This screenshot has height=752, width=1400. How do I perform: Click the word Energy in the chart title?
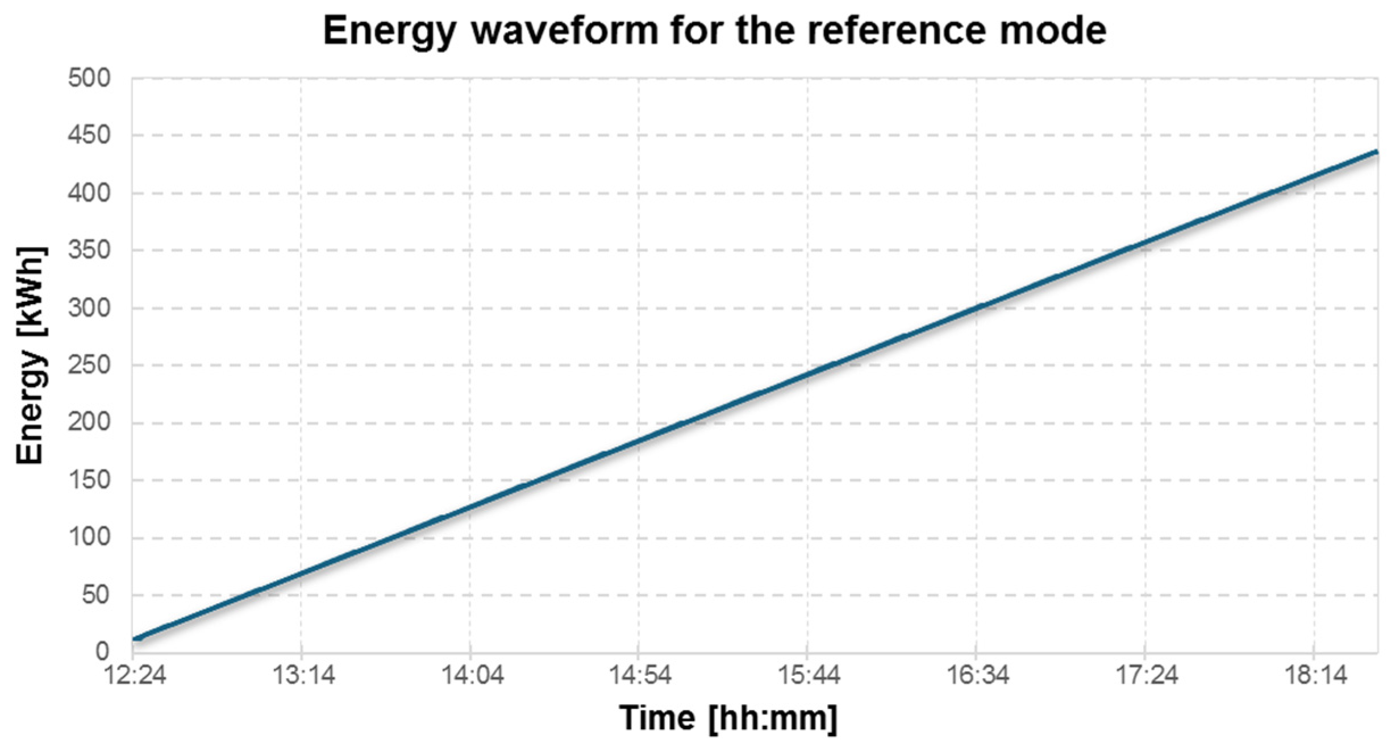[390, 31]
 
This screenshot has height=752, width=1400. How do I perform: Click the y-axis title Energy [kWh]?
[30, 355]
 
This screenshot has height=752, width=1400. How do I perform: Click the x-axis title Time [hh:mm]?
[728, 717]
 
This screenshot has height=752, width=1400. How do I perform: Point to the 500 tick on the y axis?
[89, 78]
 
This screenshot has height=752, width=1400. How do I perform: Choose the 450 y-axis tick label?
[89, 135]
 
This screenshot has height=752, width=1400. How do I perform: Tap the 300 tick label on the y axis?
[89, 308]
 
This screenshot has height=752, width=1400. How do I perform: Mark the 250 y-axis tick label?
[89, 365]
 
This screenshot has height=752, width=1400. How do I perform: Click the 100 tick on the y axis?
[89, 537]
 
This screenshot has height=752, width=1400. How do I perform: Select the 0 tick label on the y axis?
[102, 651]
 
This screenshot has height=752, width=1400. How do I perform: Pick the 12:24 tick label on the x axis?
[135, 675]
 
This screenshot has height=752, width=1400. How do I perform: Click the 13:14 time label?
[303, 675]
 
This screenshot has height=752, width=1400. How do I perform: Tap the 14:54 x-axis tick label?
[640, 675]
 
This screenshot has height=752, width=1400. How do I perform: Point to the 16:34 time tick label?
[977, 675]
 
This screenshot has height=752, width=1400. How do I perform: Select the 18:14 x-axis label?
[1316, 675]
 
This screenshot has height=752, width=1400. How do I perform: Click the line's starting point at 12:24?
[134, 639]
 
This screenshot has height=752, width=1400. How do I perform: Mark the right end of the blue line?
[1376, 152]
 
